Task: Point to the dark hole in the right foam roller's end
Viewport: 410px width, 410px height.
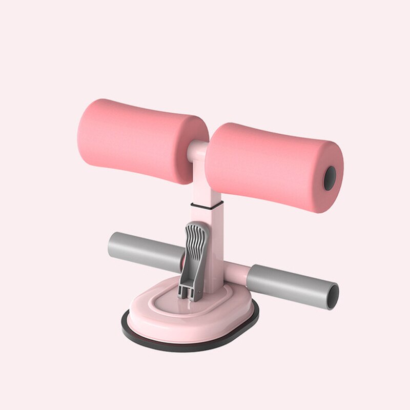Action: coord(330,178)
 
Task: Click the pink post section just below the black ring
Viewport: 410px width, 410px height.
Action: coord(215,225)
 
